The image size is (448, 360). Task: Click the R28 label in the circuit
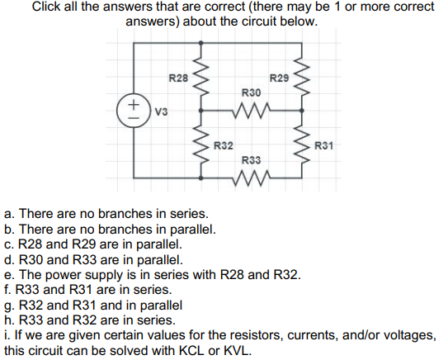point(178,78)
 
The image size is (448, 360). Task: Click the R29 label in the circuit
point(280,78)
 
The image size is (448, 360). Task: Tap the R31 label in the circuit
point(323,146)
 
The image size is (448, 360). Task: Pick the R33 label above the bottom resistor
point(252,159)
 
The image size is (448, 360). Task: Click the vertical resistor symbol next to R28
point(199,77)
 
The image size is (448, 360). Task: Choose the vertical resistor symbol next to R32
point(199,144)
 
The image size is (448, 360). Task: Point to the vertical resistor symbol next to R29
point(303,77)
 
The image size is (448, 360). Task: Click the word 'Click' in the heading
point(50,7)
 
